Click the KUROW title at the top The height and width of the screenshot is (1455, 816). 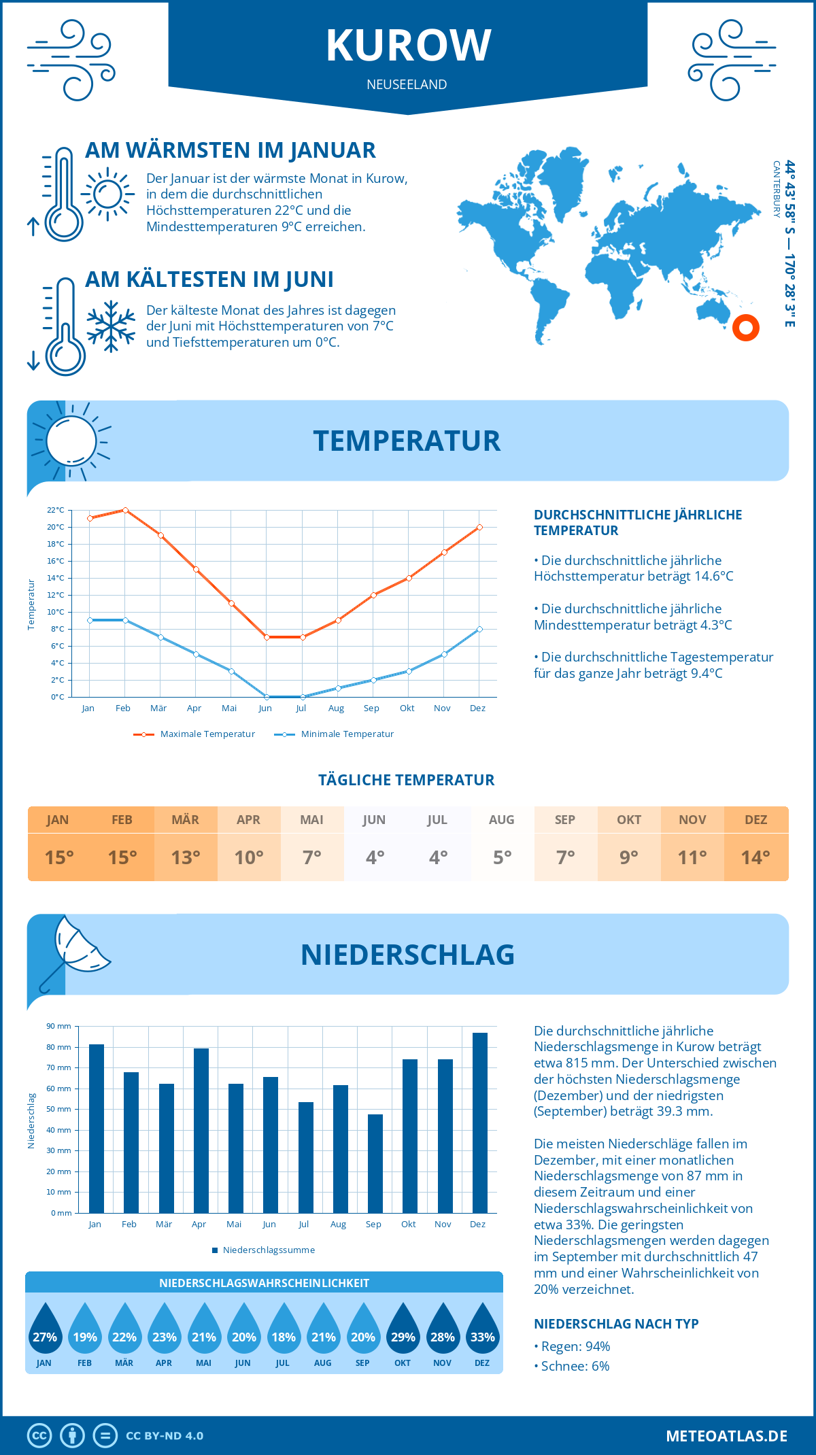coord(408,46)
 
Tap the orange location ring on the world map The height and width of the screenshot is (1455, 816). coord(746,328)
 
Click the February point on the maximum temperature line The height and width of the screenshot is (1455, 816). coord(125,510)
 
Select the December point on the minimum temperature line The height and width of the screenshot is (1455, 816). coord(479,629)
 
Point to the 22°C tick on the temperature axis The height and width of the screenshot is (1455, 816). coord(56,510)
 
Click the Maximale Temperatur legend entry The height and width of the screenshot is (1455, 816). coord(194,734)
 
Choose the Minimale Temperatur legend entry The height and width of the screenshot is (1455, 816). coord(334,734)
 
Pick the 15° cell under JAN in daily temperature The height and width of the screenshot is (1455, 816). coord(59,857)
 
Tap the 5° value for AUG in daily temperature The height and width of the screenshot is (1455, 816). coord(502,857)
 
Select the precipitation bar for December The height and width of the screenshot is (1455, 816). coord(480,1123)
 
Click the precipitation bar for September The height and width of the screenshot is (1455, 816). coord(375,1163)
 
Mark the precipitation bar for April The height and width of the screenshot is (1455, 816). coord(201,1130)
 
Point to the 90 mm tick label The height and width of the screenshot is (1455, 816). coord(59,1026)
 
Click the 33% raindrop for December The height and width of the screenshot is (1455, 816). coord(482,1330)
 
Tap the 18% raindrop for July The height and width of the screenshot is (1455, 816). coord(284,1330)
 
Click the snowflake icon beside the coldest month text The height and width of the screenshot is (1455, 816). coord(111,326)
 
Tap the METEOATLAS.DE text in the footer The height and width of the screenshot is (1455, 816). coord(726,1436)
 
